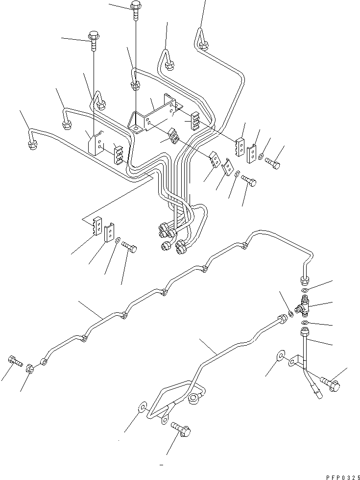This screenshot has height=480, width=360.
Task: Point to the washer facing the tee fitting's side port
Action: coord(290,314)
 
